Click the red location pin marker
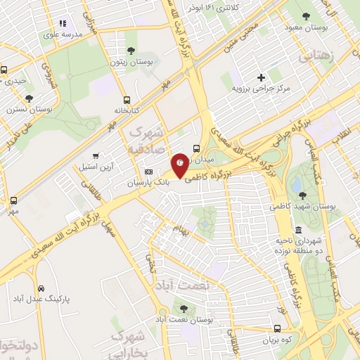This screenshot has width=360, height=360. (180, 165)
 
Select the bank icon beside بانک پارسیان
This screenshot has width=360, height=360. (148, 172)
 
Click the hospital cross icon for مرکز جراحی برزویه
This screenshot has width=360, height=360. (262, 77)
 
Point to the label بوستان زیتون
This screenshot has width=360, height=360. (131, 63)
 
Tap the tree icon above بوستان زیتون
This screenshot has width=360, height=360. (131, 50)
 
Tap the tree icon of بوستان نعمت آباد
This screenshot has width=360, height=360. (184, 308)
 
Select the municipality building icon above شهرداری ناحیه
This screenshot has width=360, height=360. (298, 231)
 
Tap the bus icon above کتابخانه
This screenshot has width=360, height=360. (127, 100)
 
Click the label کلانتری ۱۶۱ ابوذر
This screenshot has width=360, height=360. (215, 6)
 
